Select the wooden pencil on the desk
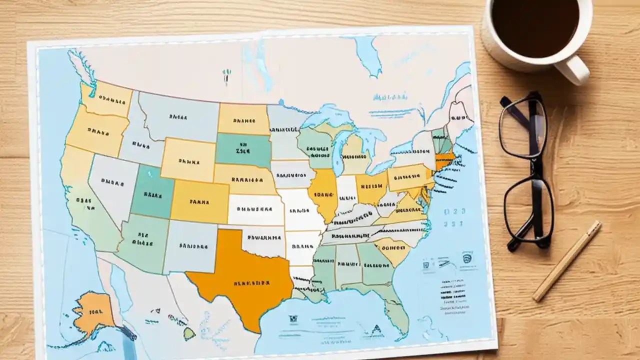click(566, 261)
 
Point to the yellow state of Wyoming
click(187, 160)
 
